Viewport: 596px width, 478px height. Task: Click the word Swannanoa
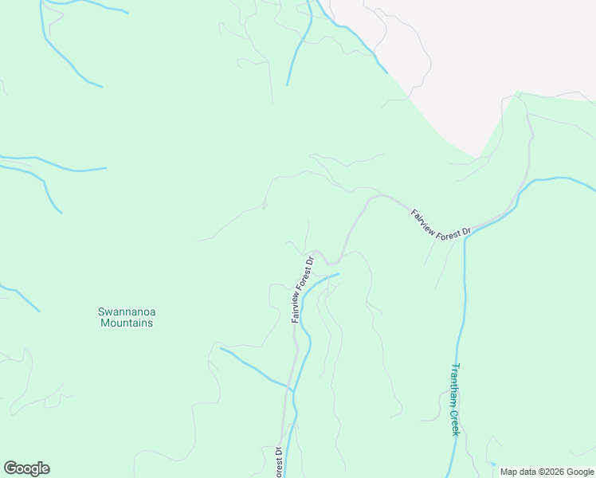[x=125, y=311]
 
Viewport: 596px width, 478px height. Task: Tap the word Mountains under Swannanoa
[x=125, y=323]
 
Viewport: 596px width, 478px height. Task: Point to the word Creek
[x=456, y=422]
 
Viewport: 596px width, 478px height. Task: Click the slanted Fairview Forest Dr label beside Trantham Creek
[x=441, y=222]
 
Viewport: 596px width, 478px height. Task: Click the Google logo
[x=26, y=468]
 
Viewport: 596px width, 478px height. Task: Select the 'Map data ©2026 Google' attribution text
[x=547, y=472]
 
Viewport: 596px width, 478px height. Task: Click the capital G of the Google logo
[x=10, y=468]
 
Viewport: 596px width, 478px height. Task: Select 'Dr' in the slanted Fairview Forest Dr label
[x=468, y=232]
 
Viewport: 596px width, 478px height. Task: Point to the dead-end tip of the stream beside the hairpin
[x=339, y=274]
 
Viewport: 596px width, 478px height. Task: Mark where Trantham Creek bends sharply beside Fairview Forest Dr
[x=465, y=238]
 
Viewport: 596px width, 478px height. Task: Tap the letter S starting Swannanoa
[x=101, y=311]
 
